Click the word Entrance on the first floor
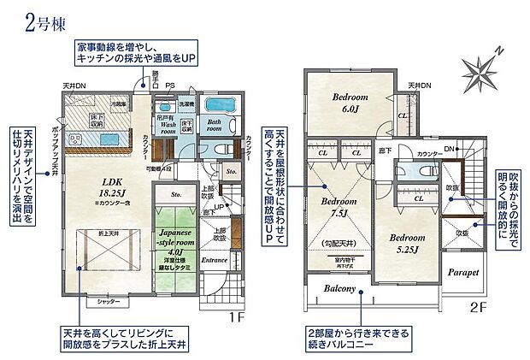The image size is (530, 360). tap(214, 257)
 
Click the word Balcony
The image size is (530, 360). tap(339, 289)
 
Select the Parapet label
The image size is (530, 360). tap(462, 273)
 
